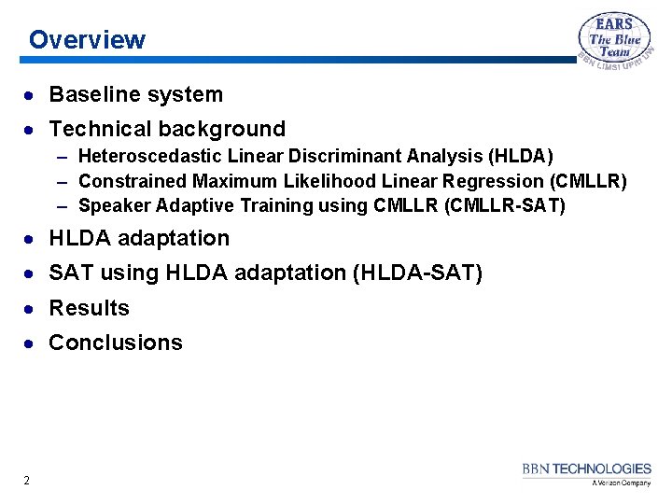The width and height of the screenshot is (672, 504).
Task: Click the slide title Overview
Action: pos(87,40)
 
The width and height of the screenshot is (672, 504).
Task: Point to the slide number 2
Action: pos(26,481)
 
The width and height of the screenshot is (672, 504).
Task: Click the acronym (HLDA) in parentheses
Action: pos(520,156)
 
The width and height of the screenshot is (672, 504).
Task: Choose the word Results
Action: pos(90,308)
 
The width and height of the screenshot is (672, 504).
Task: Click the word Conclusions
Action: pos(116,343)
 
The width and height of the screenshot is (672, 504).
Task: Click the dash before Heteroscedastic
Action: pos(63,156)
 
